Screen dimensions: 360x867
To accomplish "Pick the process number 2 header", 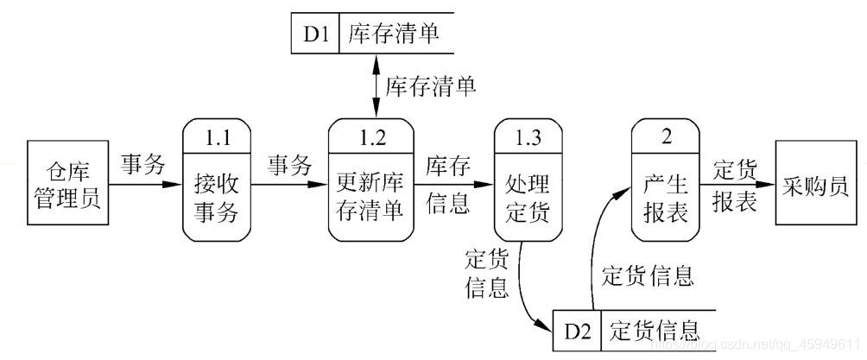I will click(666, 136).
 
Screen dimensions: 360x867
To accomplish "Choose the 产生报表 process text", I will click(666, 198).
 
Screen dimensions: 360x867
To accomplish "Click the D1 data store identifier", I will click(315, 35).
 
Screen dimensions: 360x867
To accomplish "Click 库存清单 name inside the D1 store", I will click(393, 35).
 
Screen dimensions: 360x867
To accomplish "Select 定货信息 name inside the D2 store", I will click(654, 330).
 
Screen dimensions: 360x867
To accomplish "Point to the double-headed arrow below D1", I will click(376, 86).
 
